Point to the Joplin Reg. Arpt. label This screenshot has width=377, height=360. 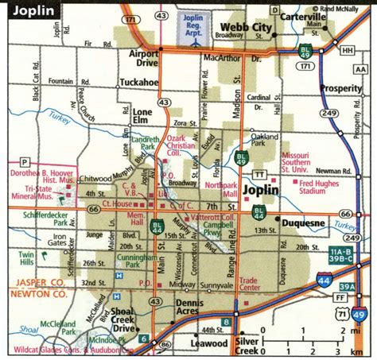[x=189, y=21]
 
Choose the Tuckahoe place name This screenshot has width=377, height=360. [x=140, y=81]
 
